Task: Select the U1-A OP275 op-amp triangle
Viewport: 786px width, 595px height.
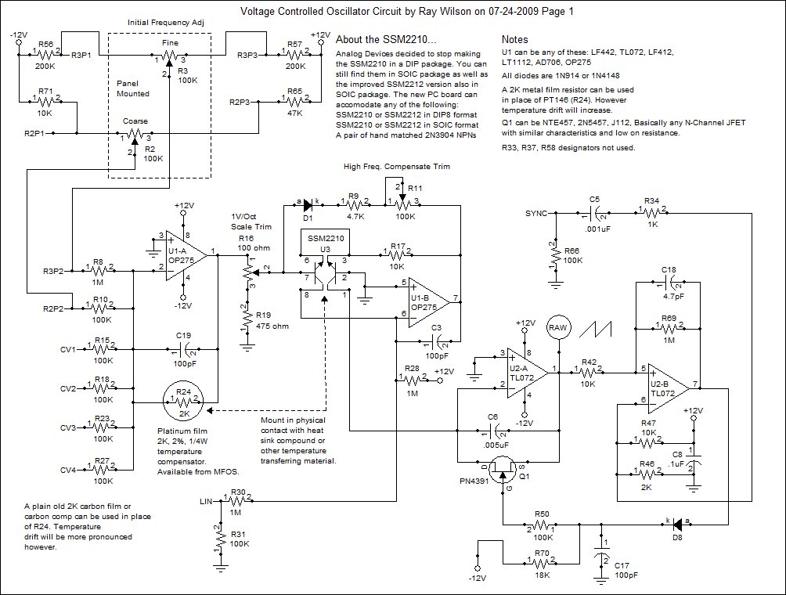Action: pos(186,255)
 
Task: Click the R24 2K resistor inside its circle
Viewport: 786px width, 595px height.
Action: pos(184,401)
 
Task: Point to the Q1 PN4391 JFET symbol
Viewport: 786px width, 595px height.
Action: pos(503,469)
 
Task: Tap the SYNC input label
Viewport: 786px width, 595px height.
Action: pos(535,214)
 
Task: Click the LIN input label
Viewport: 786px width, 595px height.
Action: pos(206,501)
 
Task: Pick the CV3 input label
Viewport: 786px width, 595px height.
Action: pos(68,427)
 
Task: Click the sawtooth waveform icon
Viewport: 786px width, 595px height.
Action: pos(596,329)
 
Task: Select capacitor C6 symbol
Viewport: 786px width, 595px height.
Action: pos(492,431)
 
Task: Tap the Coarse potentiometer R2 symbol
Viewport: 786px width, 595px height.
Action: pos(135,135)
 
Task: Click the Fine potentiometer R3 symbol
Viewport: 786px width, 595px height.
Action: pos(171,56)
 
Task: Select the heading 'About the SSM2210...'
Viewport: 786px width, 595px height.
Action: pos(386,40)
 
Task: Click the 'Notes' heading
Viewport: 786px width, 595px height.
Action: pos(515,40)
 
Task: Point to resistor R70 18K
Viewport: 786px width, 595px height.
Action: pos(542,560)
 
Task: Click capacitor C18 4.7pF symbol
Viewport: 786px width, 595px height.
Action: pos(669,283)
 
